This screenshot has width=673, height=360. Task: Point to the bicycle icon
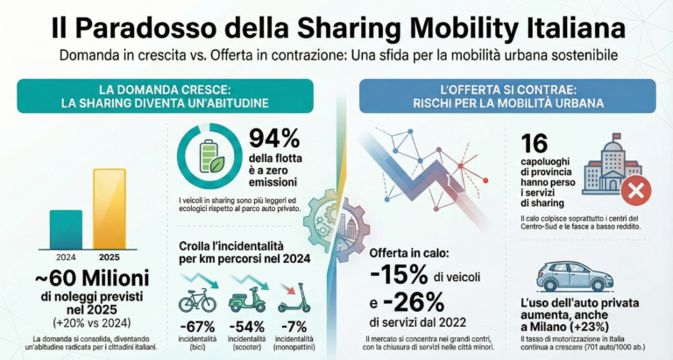coord(198,300)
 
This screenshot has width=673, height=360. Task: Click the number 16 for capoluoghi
coord(535,145)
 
